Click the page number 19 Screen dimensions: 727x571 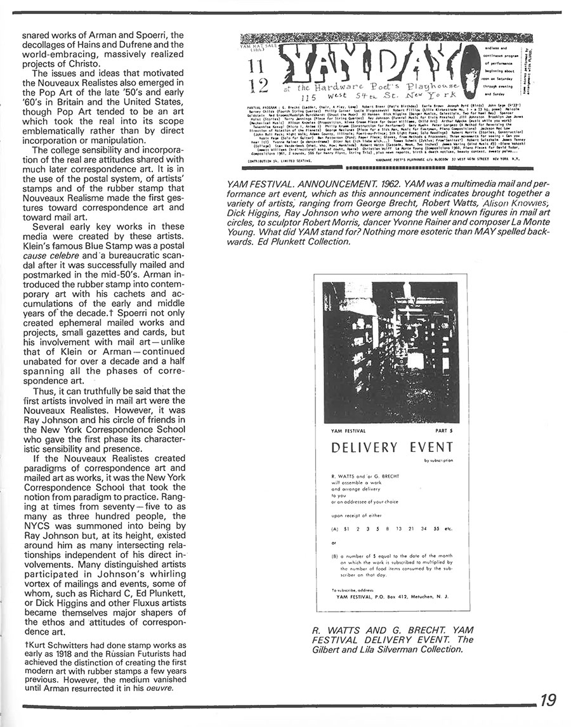pos(548,700)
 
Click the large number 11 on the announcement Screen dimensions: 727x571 pos(261,67)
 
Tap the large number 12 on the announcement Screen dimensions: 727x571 pos(261,84)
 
